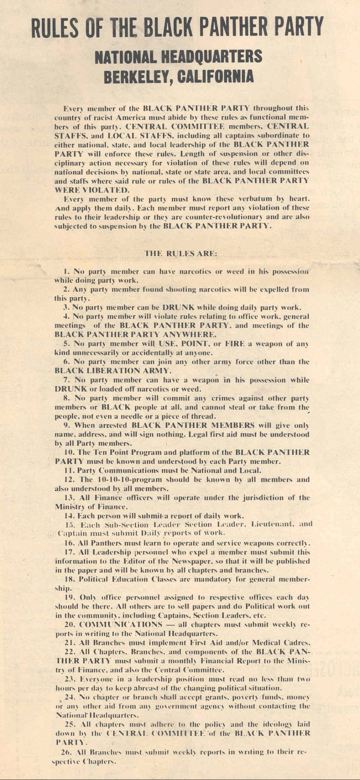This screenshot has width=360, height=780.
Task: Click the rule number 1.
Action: (x=66, y=272)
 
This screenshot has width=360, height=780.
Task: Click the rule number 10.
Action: (x=68, y=452)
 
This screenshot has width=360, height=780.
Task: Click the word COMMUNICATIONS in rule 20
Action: (x=121, y=625)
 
